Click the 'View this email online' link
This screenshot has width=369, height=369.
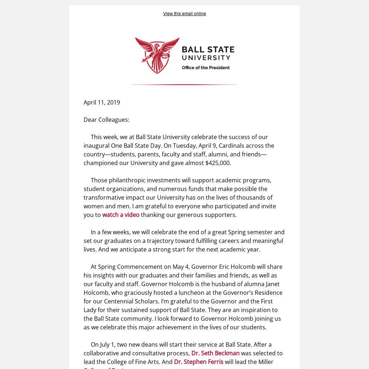tap(184, 14)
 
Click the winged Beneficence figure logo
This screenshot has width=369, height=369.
tap(157, 55)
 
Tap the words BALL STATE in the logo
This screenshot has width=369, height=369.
tap(208, 49)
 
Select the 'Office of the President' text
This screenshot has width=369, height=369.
tap(205, 68)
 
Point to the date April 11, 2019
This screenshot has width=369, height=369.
tap(102, 102)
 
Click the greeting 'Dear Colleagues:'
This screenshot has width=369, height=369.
tap(106, 120)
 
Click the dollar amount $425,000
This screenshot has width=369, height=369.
tap(218, 163)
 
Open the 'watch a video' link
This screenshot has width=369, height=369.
tap(121, 215)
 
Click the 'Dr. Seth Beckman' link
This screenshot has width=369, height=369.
tap(215, 353)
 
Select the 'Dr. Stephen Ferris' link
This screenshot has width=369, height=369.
tap(199, 362)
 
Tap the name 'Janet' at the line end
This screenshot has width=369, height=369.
tap(272, 284)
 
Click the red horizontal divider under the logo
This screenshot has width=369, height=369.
tap(184, 85)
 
